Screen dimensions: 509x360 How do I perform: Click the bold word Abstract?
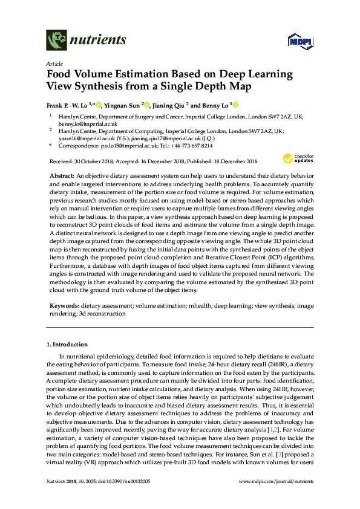pyautogui.click(x=62, y=174)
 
